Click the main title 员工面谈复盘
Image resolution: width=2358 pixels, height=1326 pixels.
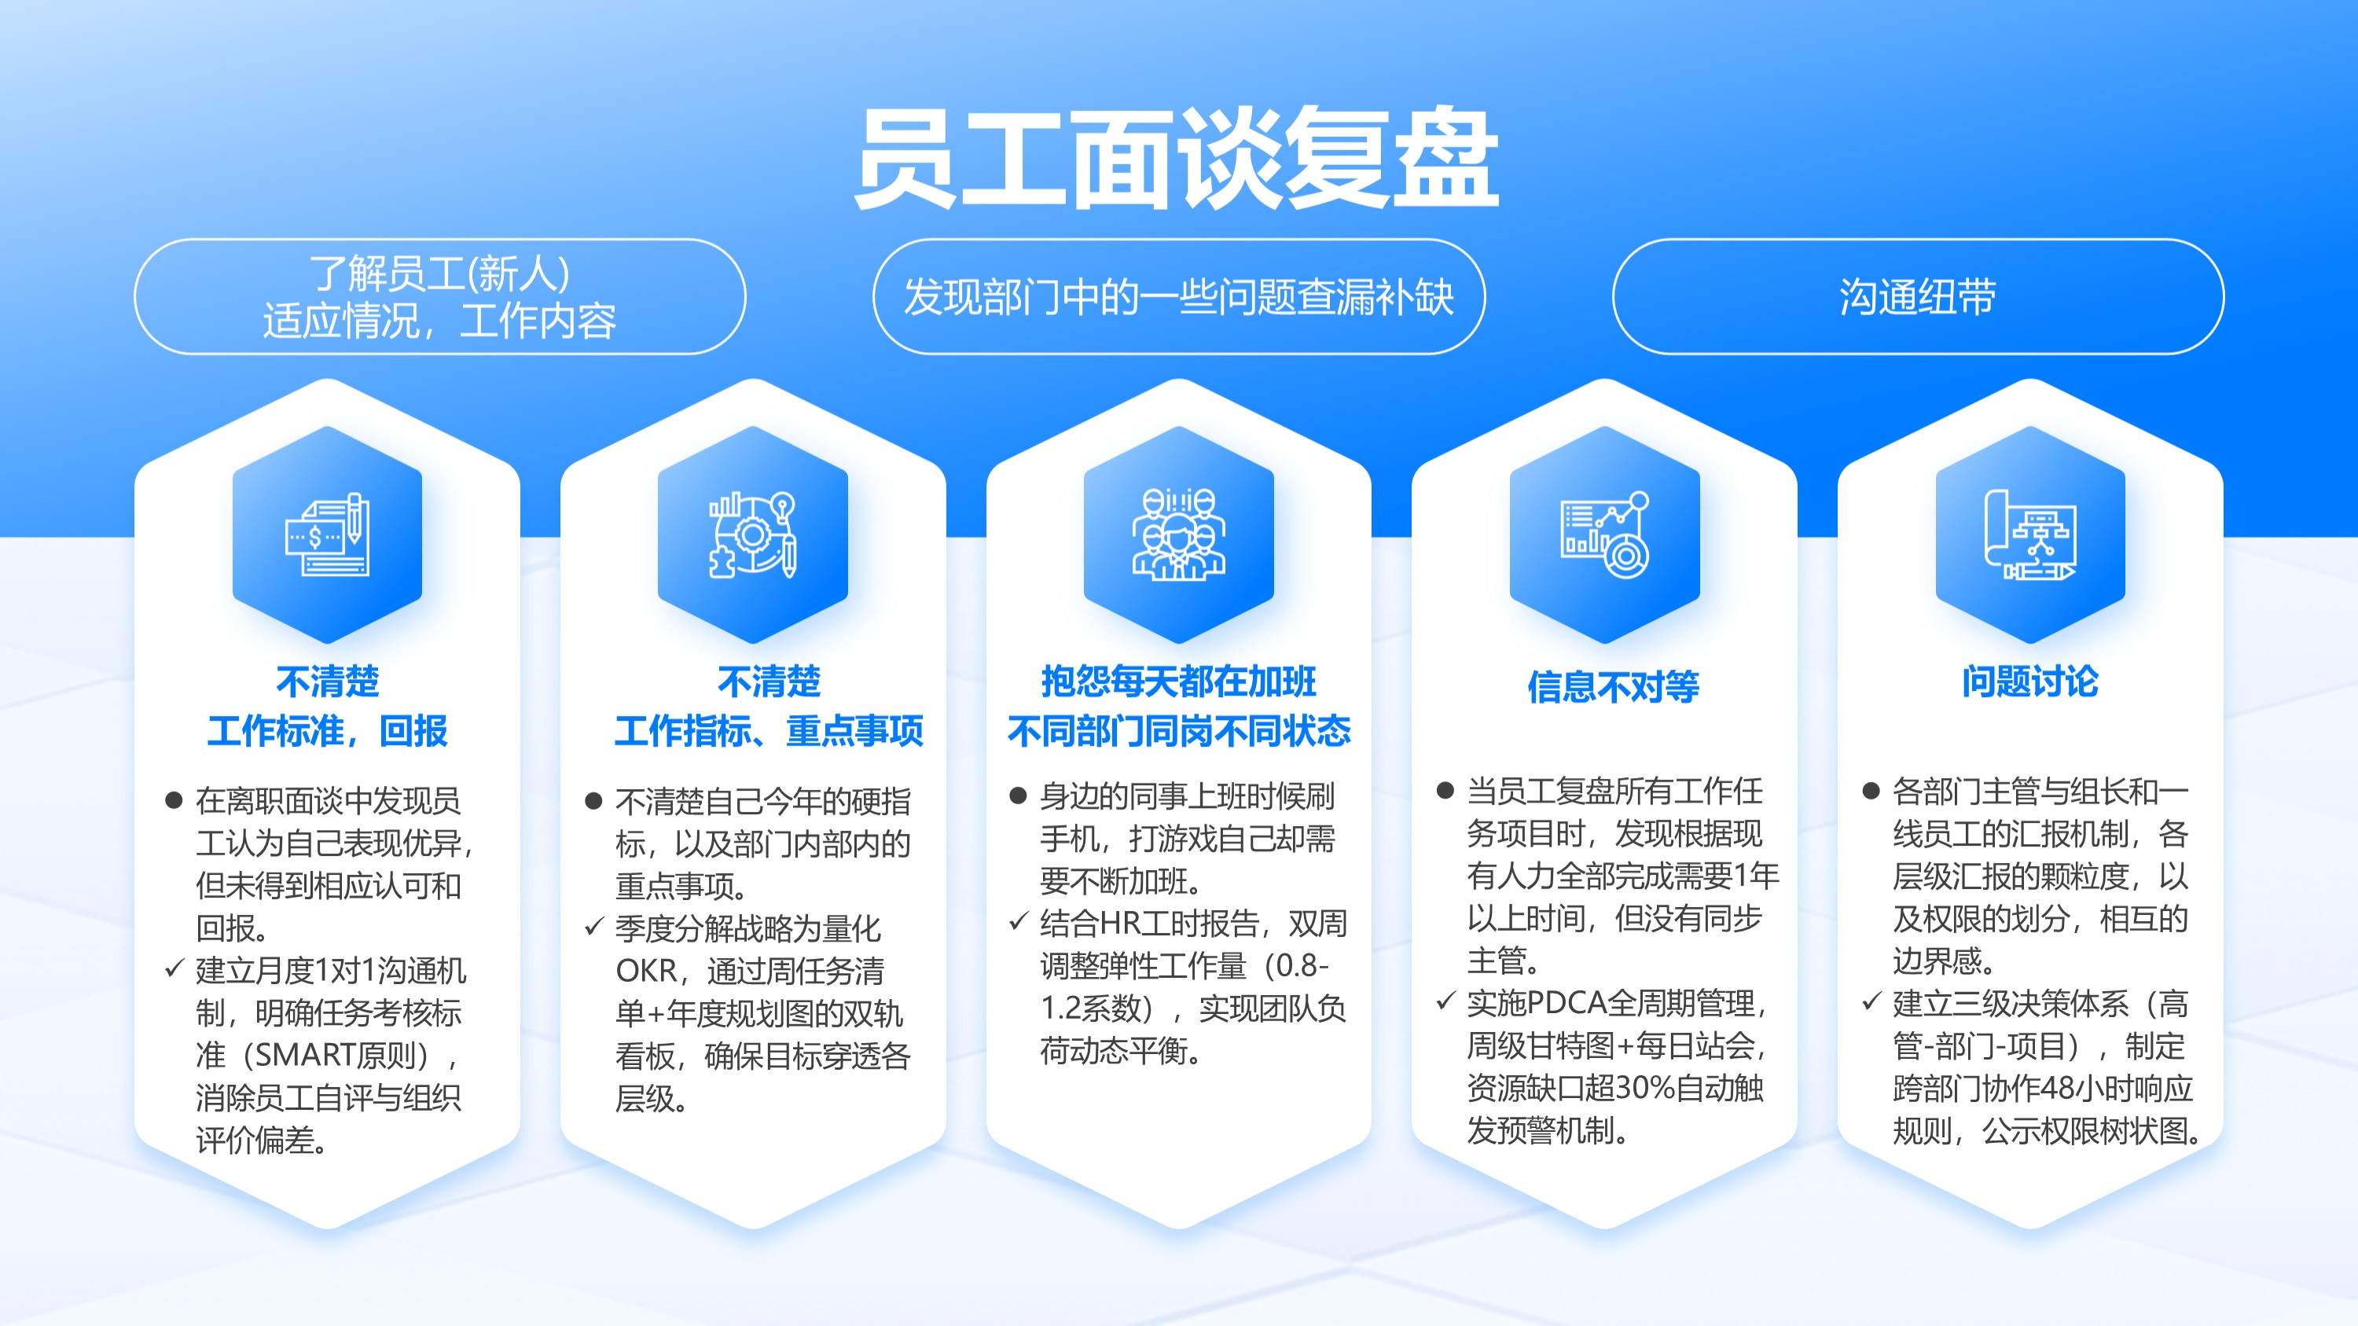[1177, 157]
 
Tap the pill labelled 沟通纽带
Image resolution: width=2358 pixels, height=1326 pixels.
[1918, 296]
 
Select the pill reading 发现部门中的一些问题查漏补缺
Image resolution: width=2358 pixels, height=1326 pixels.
[1179, 296]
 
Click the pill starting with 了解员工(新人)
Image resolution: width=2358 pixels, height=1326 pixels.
[440, 296]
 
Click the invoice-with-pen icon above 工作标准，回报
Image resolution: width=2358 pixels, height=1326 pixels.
[328, 534]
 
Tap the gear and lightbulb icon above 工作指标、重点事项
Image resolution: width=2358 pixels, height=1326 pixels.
[752, 534]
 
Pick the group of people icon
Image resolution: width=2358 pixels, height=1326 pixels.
[1179, 534]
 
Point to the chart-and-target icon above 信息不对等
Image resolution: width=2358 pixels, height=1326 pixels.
[1605, 534]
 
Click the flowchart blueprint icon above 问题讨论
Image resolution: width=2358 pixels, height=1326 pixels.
[2030, 534]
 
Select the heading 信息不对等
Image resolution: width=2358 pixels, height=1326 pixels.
[1613, 686]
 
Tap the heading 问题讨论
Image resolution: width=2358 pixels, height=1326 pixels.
[2030, 681]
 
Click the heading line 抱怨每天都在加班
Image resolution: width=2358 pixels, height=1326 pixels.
[1179, 681]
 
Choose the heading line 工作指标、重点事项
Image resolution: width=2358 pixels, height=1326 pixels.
[769, 731]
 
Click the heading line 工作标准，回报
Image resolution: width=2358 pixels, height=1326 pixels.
[328, 731]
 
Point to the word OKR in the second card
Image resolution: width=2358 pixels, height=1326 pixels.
[646, 971]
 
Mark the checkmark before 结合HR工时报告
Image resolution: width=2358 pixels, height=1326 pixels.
[1019, 920]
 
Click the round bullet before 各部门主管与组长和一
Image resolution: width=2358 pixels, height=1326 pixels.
[1871, 791]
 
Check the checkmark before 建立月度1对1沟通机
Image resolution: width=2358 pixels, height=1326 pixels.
[174, 968]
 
